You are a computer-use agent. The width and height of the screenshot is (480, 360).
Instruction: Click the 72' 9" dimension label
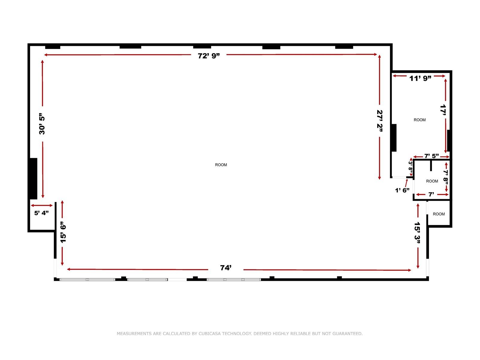(x=209, y=56)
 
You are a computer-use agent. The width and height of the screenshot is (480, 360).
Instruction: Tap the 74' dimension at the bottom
(x=226, y=268)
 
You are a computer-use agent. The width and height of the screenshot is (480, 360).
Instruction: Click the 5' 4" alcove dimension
(x=41, y=213)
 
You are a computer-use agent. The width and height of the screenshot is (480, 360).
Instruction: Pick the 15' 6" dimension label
(x=63, y=232)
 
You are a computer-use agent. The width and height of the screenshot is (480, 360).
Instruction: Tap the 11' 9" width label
(x=420, y=79)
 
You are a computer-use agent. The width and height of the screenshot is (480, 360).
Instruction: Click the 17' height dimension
(x=444, y=110)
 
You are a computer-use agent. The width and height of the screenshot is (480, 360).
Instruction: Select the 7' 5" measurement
(x=431, y=156)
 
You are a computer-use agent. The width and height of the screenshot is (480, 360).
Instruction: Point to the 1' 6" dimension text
(x=402, y=190)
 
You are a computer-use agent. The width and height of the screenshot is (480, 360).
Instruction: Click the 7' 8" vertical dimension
(x=446, y=177)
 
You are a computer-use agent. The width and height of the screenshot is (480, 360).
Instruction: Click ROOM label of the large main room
(x=221, y=165)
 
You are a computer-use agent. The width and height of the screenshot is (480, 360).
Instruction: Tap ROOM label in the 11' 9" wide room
(x=419, y=120)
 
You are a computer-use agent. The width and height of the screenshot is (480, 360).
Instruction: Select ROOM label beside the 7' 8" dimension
(x=432, y=181)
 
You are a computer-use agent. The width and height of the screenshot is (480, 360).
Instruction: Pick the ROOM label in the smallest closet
(x=439, y=214)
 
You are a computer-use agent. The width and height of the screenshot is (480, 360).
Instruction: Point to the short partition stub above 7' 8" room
(x=431, y=166)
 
